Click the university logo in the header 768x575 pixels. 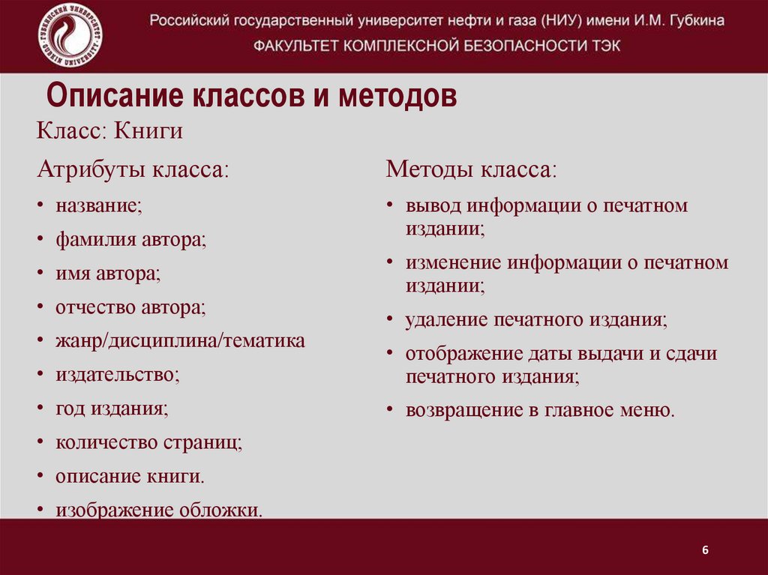(x=70, y=35)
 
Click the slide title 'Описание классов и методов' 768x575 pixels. (x=252, y=97)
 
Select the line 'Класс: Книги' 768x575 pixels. (x=110, y=131)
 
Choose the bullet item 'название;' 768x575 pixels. (x=98, y=205)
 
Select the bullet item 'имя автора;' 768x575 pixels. (x=108, y=274)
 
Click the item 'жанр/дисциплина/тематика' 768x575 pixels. (x=180, y=341)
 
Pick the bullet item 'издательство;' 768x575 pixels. (x=118, y=375)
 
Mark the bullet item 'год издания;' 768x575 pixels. (x=112, y=409)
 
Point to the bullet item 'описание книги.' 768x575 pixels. (x=130, y=476)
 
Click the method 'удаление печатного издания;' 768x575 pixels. (x=536, y=320)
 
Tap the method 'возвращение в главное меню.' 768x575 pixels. (x=541, y=410)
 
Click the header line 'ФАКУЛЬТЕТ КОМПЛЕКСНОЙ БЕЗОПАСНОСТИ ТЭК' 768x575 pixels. (x=437, y=46)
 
